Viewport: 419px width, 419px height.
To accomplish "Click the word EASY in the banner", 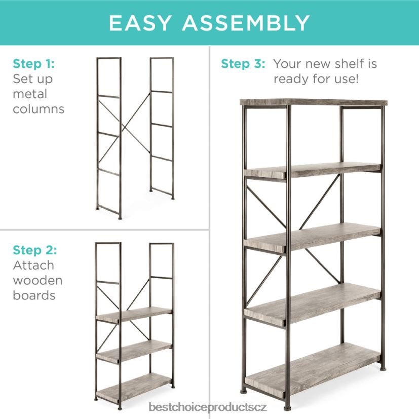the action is (x=140, y=23).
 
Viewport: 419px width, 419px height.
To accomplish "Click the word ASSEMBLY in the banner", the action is (x=246, y=23).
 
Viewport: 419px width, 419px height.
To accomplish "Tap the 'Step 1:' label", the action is (x=33, y=64).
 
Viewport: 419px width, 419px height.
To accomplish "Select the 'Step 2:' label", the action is (x=35, y=250).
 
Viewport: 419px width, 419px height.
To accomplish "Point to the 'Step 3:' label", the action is (x=243, y=64).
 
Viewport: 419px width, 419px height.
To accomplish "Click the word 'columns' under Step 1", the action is (x=39, y=109).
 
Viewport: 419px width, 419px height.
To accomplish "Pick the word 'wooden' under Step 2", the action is (x=37, y=280).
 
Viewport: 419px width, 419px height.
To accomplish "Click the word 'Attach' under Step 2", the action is (x=33, y=265).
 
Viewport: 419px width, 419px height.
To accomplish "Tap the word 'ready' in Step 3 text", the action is (x=290, y=80).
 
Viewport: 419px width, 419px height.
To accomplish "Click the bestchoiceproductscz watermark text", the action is (x=208, y=407).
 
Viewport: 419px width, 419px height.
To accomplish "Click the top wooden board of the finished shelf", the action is (x=314, y=102).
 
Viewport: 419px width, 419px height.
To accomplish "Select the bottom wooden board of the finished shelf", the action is (x=313, y=370).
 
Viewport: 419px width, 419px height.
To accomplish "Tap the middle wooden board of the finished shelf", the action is (x=313, y=237).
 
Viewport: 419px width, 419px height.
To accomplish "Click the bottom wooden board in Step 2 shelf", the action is (x=134, y=387).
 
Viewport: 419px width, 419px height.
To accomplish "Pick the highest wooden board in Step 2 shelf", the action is (x=134, y=314).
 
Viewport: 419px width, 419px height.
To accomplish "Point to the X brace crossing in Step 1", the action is (x=123, y=130).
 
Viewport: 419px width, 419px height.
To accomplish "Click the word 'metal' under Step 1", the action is (x=30, y=94).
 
